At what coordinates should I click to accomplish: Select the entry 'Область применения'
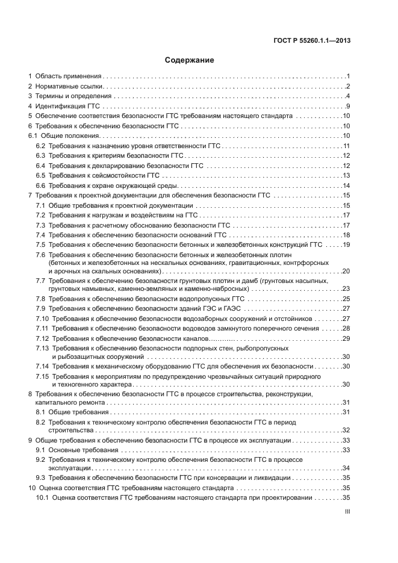click(68, 76)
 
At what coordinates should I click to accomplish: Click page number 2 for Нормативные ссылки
click(348, 87)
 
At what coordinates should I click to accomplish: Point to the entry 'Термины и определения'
click(73, 96)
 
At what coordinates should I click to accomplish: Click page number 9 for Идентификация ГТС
click(348, 106)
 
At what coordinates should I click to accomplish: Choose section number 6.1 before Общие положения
click(34, 136)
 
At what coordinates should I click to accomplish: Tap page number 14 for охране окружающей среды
click(346, 185)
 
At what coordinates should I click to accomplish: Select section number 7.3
click(41, 225)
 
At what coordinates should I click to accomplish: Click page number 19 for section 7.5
click(346, 244)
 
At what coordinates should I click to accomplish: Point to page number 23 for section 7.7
click(346, 289)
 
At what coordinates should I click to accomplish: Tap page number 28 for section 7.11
click(346, 328)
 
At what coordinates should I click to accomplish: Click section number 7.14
click(43, 366)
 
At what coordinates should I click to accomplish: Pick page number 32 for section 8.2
click(346, 431)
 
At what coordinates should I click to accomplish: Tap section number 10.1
click(43, 498)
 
